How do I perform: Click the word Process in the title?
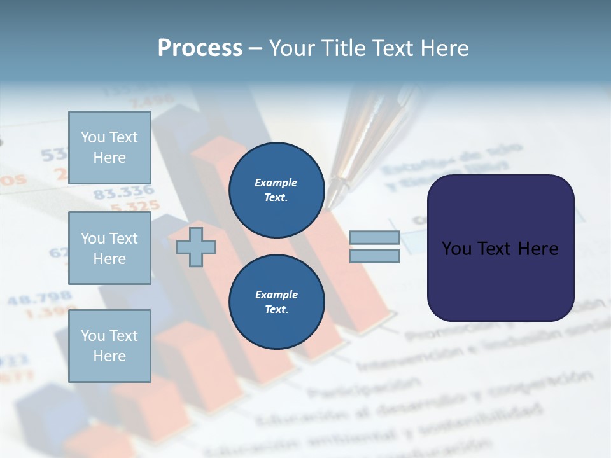click(x=200, y=48)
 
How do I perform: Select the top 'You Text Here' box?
click(x=109, y=148)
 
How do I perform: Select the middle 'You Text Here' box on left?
click(x=109, y=248)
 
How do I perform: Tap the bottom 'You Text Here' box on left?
click(x=109, y=345)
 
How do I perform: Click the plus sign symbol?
click(x=196, y=247)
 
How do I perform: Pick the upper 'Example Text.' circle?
click(x=276, y=190)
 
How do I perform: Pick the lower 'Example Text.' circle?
click(x=276, y=302)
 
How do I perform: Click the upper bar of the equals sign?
click(x=374, y=237)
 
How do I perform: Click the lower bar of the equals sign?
click(x=374, y=256)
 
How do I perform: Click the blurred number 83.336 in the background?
click(x=123, y=192)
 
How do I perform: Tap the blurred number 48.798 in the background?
click(x=39, y=298)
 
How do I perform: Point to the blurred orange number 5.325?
click(x=134, y=205)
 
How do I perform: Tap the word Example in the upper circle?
click(x=276, y=183)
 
